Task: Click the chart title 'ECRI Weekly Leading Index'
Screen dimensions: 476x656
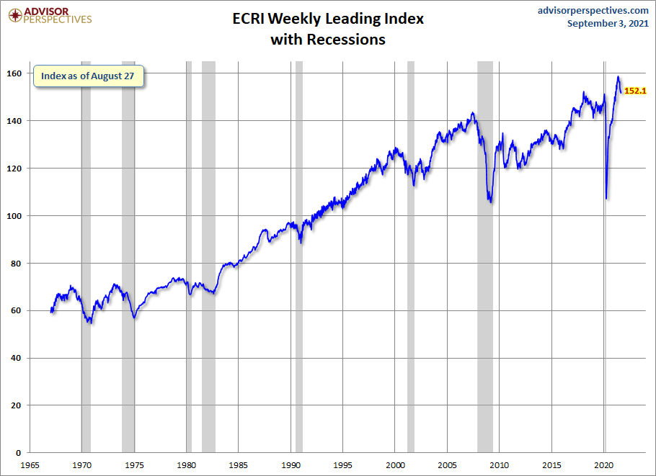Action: pos(328,19)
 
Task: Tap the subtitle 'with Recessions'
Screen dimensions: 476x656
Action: pos(328,40)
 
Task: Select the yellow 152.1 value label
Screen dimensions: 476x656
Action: pos(634,91)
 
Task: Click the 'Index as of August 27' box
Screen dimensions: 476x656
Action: pos(88,76)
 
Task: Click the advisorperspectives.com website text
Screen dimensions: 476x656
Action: pos(593,10)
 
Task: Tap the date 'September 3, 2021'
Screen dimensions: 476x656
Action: pos(608,24)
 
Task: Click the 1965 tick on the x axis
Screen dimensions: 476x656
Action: pos(30,464)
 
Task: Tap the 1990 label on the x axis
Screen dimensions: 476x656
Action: pos(291,464)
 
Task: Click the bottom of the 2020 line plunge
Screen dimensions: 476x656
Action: pos(606,198)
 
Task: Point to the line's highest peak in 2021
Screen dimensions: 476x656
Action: pos(619,76)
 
